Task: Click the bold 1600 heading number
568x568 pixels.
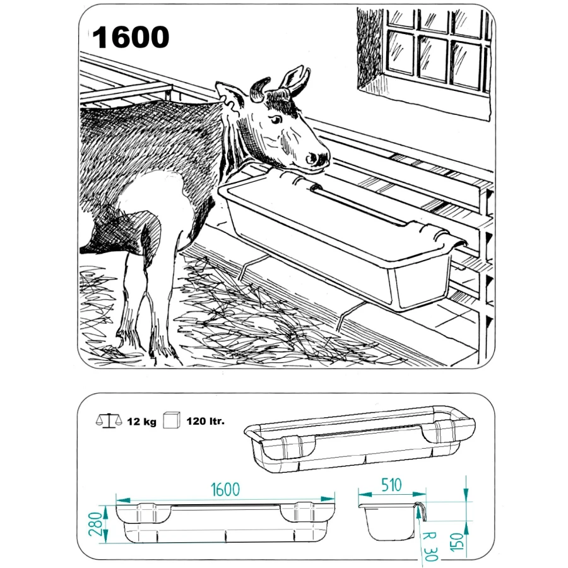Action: pos(131,37)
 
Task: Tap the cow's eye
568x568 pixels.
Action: pos(276,119)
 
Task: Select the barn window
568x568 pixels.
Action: pos(437,50)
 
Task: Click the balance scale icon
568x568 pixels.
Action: pos(109,421)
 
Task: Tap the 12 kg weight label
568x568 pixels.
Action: pos(141,422)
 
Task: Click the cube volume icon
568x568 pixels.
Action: pos(172,420)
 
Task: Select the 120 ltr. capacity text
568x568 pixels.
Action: pos(205,422)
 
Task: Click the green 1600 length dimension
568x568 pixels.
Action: pos(225,489)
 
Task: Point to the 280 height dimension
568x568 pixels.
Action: pos(95,524)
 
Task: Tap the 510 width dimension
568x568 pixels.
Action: pos(391,485)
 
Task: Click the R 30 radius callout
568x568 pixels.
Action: pos(430,547)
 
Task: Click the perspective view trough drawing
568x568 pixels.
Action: pos(359,439)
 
